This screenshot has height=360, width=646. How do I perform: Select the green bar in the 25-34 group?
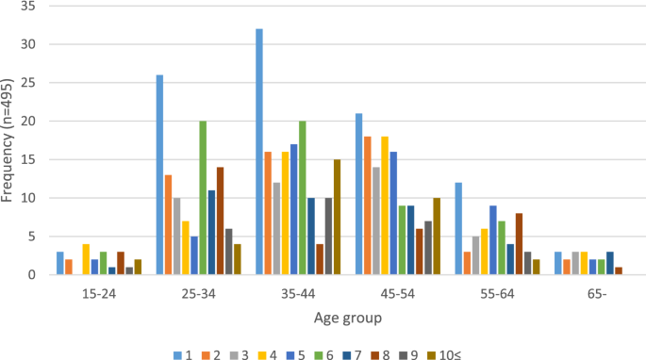coord(203,198)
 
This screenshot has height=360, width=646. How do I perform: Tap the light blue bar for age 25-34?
coord(160,175)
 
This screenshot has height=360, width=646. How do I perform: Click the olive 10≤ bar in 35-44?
coord(338,217)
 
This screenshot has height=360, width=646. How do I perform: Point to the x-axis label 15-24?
coord(99,293)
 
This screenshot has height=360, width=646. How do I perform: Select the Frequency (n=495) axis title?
coord(8,141)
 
